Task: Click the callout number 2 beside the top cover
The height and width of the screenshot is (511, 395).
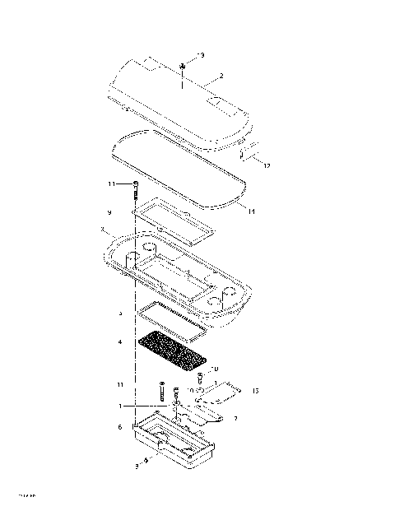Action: pos(221,77)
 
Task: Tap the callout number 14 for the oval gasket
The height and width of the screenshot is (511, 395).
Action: pos(251,211)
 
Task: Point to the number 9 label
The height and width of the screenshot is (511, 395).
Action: pos(120,212)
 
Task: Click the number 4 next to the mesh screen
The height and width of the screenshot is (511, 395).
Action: pos(120,341)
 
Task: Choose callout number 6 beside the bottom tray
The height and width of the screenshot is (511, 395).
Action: pos(120,427)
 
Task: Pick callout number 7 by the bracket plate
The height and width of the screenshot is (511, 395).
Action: pos(235,419)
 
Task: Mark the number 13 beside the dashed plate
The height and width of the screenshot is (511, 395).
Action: pos(255,390)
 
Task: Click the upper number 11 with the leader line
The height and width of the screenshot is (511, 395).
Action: pos(112,183)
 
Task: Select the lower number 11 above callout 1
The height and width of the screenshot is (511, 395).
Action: pos(121,384)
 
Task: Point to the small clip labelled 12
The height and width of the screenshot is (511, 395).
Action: pos(248,151)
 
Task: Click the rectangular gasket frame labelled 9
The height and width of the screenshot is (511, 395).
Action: pos(173,221)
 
